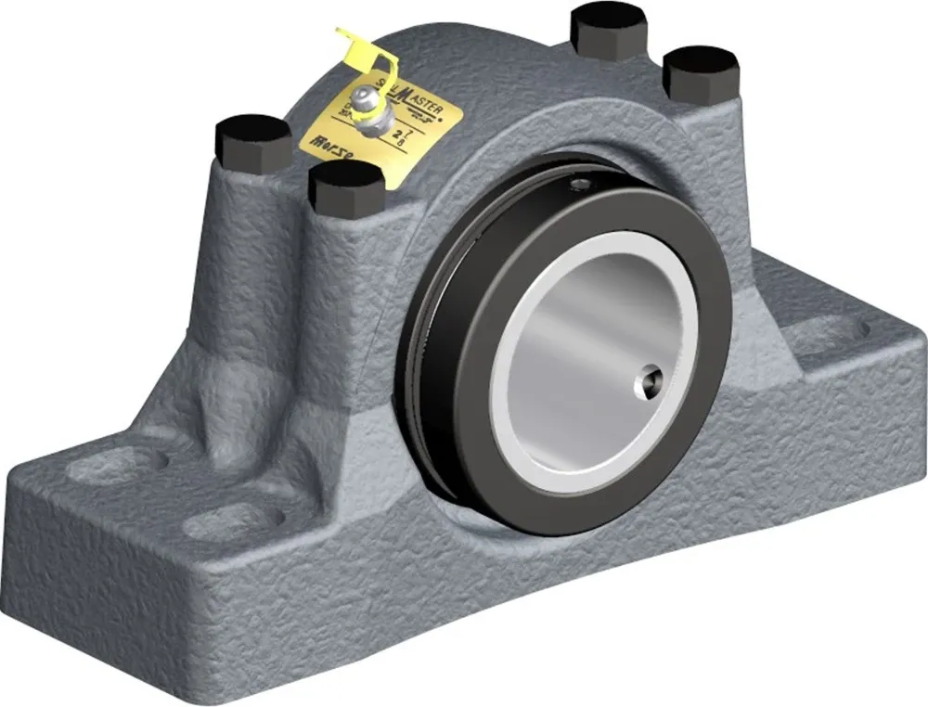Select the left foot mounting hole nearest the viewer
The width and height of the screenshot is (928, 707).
click(229, 521)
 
